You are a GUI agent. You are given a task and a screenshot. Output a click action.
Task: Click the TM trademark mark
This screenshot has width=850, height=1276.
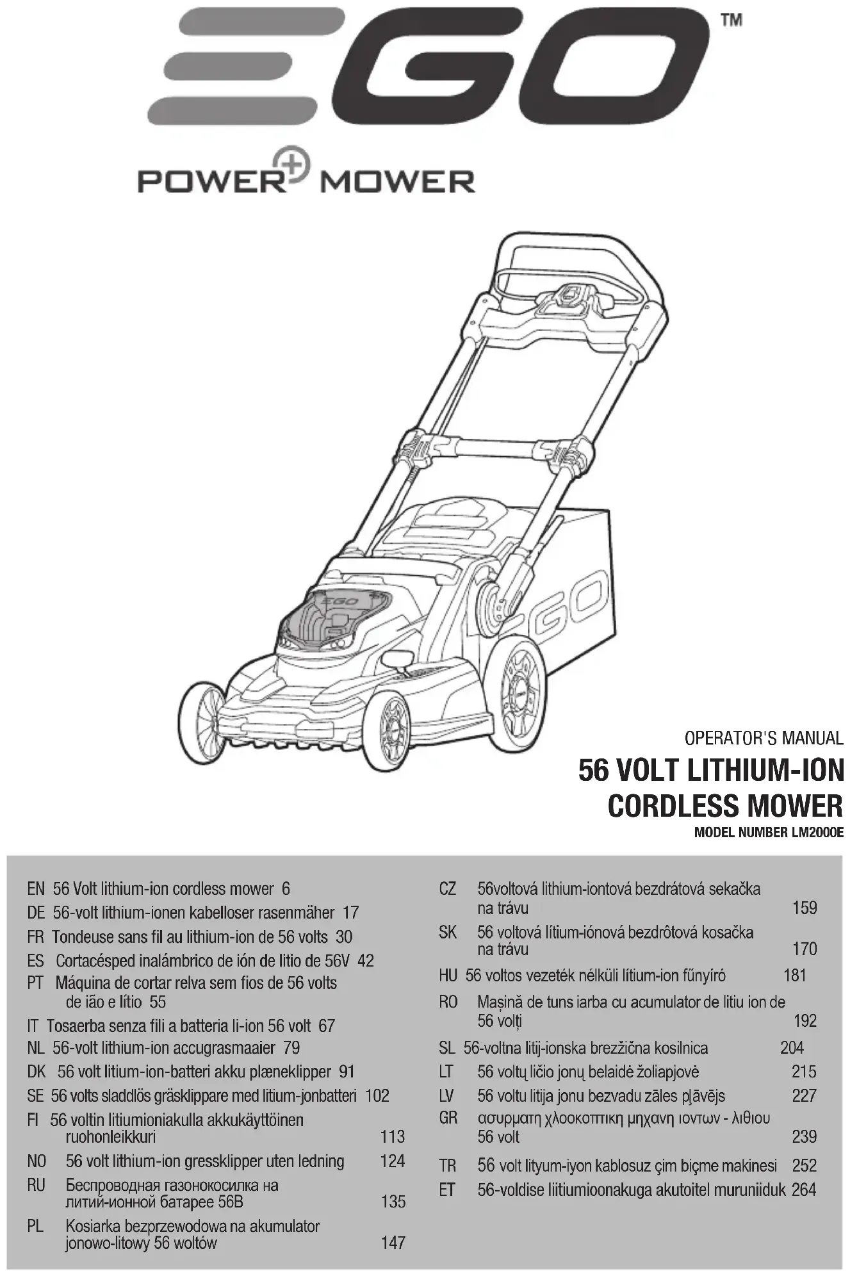click(x=731, y=20)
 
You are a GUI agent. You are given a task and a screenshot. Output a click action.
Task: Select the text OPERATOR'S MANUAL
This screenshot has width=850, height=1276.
click(x=764, y=738)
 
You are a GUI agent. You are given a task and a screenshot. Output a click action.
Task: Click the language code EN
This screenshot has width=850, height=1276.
click(x=36, y=889)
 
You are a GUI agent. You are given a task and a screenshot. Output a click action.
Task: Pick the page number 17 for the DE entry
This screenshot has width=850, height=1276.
click(x=350, y=912)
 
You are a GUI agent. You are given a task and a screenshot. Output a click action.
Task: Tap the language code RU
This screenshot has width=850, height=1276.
click(x=36, y=1185)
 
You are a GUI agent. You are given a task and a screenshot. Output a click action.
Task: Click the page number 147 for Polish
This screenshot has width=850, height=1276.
click(x=393, y=1243)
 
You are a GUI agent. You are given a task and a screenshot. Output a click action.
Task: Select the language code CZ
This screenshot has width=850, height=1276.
click(x=447, y=889)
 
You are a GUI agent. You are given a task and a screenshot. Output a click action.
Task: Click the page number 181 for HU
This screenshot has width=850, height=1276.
click(x=794, y=976)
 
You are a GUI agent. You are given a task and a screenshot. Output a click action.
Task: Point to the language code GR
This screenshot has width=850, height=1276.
click(x=448, y=1118)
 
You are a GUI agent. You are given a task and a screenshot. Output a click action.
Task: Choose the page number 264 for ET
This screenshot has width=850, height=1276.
click(x=804, y=1190)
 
